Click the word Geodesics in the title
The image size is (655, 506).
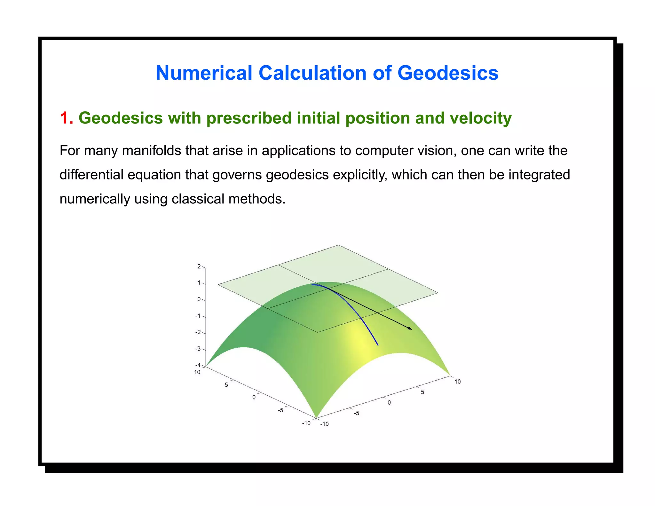448,73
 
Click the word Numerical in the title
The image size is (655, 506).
204,73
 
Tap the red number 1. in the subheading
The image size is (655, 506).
66,118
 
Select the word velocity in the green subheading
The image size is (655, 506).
481,118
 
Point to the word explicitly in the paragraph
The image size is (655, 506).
360,175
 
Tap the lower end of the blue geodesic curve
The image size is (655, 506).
378,344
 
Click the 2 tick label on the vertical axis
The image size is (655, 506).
199,266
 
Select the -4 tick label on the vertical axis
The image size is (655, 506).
198,365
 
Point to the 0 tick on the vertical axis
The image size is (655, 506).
199,299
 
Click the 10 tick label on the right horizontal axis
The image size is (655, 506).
457,382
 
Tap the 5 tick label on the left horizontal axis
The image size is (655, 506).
226,385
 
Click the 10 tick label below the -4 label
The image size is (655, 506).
197,372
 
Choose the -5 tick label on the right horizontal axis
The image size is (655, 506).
356,413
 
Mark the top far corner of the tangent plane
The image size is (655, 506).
338,245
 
